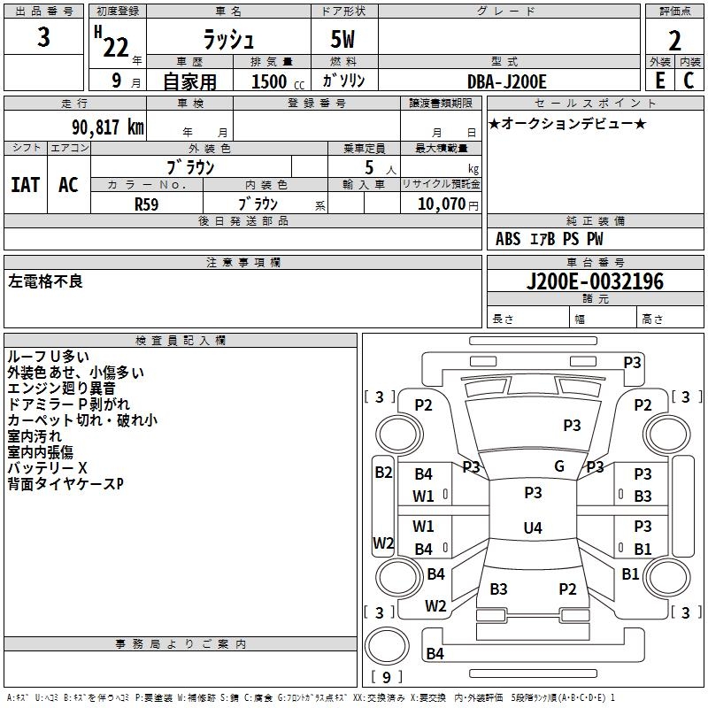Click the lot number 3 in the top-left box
(x=43, y=36)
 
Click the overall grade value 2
(x=674, y=41)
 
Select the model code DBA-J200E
(x=506, y=81)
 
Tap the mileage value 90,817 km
(x=108, y=127)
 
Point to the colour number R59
(x=147, y=204)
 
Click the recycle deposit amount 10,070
(x=442, y=204)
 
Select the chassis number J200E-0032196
(x=595, y=281)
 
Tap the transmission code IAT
(x=26, y=185)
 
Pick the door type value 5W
(x=342, y=39)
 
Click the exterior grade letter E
(x=659, y=81)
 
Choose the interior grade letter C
(x=689, y=81)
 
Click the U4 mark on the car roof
(x=533, y=527)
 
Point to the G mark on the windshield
(x=559, y=466)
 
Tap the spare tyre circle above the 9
(x=387, y=646)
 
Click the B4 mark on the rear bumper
(x=435, y=653)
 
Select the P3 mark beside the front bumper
(x=632, y=362)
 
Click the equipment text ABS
(x=508, y=239)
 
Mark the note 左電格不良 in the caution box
(x=45, y=281)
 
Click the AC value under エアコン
(x=68, y=185)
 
